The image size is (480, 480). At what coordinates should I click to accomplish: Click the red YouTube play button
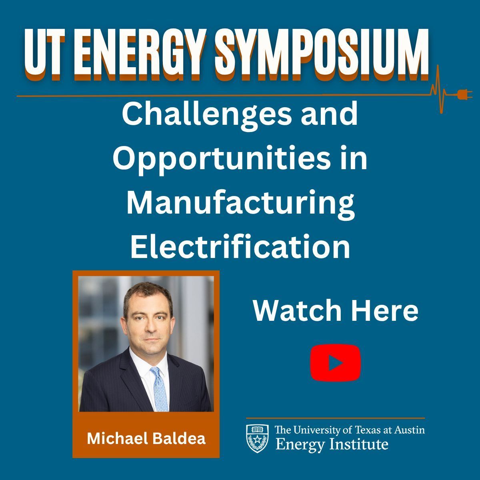pyautogui.click(x=336, y=362)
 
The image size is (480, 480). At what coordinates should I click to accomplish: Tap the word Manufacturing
pyautogui.click(x=240, y=203)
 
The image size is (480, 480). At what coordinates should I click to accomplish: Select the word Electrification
pyautogui.click(x=240, y=247)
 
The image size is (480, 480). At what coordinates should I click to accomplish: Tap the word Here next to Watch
pyautogui.click(x=385, y=311)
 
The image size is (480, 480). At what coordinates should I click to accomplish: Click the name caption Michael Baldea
pyautogui.click(x=146, y=438)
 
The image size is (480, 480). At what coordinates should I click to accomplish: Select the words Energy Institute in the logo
pyautogui.click(x=332, y=444)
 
